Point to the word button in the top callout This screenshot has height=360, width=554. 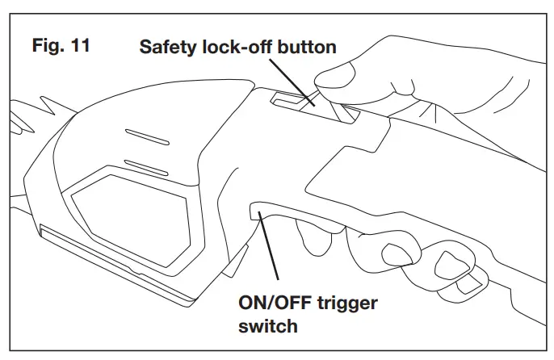[x=304, y=47]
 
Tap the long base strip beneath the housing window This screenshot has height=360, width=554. [x=113, y=262]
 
